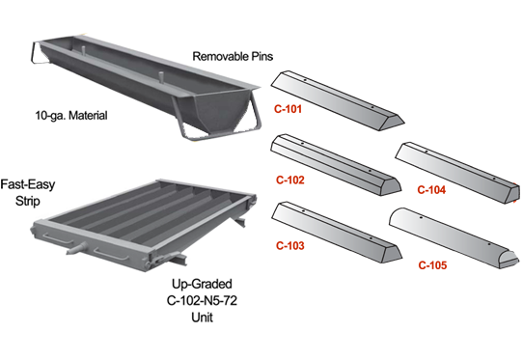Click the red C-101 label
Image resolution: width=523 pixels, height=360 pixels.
[288, 109]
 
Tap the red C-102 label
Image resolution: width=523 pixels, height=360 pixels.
[290, 180]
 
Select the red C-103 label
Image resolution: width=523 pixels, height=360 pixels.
[290, 246]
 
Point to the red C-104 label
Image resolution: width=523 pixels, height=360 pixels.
[431, 190]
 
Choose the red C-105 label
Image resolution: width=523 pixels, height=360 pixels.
[432, 265]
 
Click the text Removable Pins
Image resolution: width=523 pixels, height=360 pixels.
[233, 56]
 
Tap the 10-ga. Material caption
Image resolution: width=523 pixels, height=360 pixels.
[71, 116]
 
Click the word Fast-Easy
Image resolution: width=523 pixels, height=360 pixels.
[28, 184]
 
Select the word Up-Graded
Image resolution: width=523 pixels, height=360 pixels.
[202, 284]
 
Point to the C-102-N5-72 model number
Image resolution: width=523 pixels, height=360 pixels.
[202, 300]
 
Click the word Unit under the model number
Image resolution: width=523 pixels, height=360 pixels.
[202, 317]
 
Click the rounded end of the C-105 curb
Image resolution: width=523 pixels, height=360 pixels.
[509, 259]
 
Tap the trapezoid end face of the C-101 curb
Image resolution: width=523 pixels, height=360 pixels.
[393, 123]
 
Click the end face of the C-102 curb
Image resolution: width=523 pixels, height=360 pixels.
[391, 187]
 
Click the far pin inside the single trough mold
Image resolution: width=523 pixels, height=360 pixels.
[84, 51]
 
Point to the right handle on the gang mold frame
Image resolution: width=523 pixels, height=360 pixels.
[111, 254]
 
